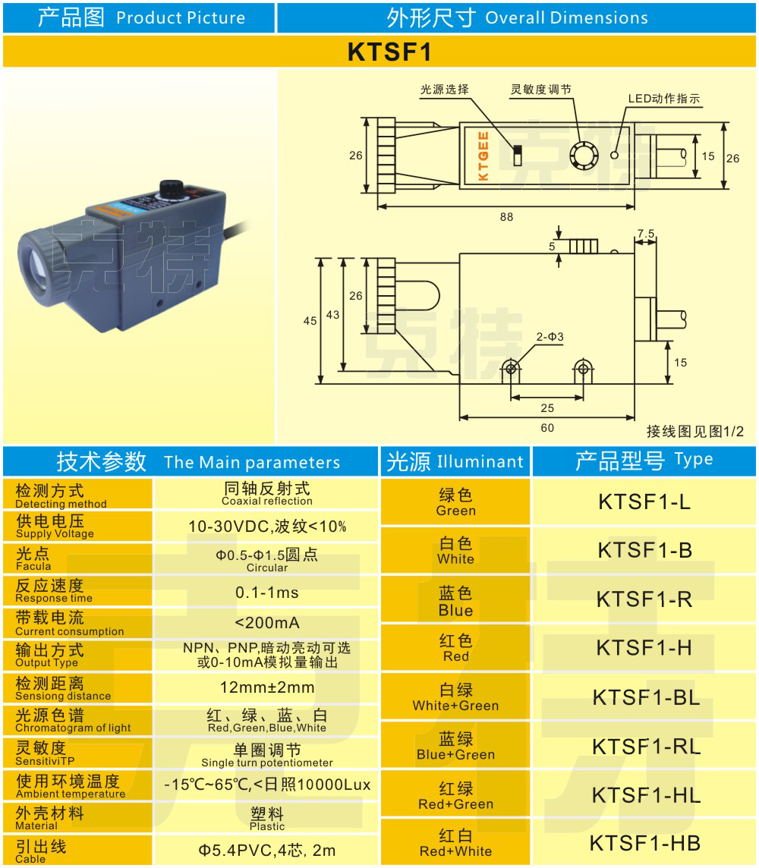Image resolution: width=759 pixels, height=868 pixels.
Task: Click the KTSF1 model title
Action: [x=379, y=52]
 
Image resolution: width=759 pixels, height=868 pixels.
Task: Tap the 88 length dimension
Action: [x=506, y=217]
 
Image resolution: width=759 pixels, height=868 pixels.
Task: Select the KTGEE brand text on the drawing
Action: [x=483, y=156]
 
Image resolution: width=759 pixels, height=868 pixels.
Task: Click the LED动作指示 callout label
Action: [x=663, y=99]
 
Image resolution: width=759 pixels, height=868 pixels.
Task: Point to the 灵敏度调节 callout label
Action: [x=540, y=90]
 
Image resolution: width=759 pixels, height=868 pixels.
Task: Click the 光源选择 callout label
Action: [x=445, y=90]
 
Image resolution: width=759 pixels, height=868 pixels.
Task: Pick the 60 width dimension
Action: [x=547, y=428]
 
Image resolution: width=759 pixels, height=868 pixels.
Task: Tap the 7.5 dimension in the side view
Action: [x=646, y=234]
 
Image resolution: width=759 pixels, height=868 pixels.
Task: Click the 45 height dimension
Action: [x=310, y=321]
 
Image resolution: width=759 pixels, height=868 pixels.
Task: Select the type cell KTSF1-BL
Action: [x=645, y=697]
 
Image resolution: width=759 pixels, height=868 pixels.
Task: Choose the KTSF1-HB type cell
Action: [x=645, y=842]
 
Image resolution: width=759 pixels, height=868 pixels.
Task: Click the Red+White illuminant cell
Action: [x=455, y=842]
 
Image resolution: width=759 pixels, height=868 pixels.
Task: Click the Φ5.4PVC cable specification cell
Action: [x=267, y=851]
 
